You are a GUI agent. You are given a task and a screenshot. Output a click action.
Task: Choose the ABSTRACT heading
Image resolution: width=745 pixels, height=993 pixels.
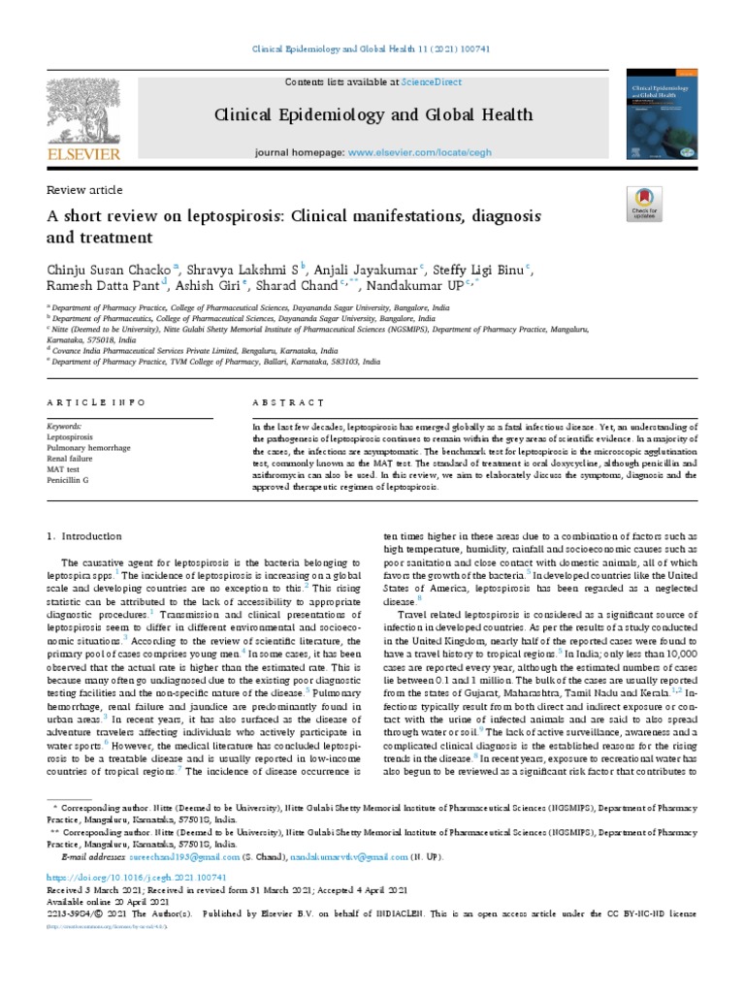pyautogui.click(x=287, y=401)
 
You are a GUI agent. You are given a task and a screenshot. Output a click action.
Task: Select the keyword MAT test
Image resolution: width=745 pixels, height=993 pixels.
pyautogui.click(x=65, y=467)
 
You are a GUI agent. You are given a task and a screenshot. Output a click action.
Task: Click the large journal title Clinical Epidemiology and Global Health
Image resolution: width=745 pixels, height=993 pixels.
pyautogui.click(x=373, y=115)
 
